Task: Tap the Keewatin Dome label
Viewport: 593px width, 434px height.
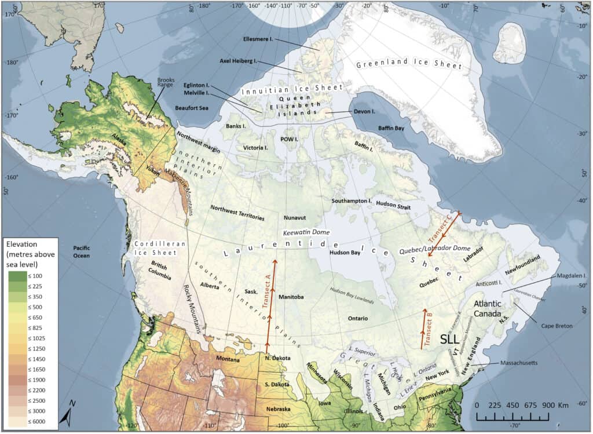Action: click(x=306, y=232)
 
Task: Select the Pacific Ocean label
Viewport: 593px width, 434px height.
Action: click(x=85, y=251)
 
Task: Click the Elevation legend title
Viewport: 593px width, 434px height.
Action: click(x=30, y=254)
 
